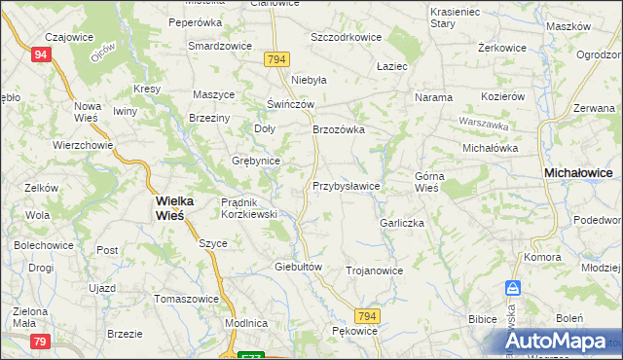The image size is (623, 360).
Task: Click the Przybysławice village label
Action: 346,185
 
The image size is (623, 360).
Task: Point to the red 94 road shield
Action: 40,55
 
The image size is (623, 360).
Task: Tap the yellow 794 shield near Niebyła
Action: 275,60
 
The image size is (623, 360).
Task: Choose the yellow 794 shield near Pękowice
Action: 366,317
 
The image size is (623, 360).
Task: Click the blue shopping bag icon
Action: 512,289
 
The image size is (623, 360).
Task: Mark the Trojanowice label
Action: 374,270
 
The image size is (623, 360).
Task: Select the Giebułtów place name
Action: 298,266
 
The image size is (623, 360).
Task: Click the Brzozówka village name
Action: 338,128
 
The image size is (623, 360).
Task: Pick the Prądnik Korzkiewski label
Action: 249,207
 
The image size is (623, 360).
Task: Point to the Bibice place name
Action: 482,318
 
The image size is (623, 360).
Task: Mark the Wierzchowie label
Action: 84,145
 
